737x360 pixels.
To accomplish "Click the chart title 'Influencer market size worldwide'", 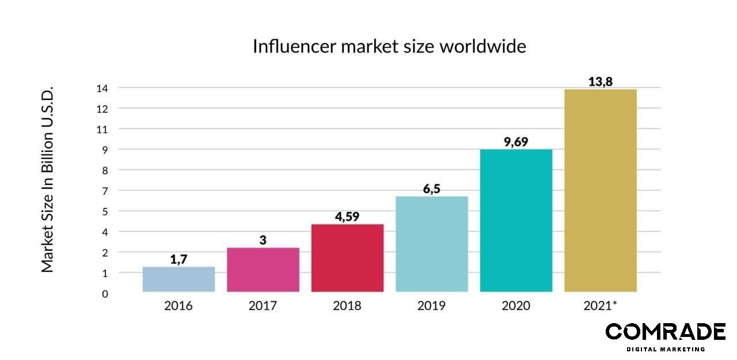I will click(389, 46).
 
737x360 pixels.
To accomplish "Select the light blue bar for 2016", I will click(178, 279).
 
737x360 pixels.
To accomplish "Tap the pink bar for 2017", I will click(263, 270).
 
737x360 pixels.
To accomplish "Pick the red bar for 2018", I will click(347, 257).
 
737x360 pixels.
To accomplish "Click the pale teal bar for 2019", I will click(432, 244).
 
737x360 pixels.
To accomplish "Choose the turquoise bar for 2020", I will click(516, 220).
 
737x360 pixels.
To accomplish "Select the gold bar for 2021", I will click(600, 190).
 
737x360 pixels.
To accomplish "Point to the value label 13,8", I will click(600, 82).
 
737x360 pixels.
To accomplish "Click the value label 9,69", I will click(516, 142).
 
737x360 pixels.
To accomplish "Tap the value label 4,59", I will click(347, 217).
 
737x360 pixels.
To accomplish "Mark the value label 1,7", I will click(179, 259).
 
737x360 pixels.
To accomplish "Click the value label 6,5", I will click(432, 189).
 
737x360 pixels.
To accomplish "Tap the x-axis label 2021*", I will click(600, 305).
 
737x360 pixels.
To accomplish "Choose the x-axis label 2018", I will click(347, 305).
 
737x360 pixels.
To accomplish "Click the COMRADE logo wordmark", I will click(665, 332).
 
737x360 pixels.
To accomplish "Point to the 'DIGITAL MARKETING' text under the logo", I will click(666, 349).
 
